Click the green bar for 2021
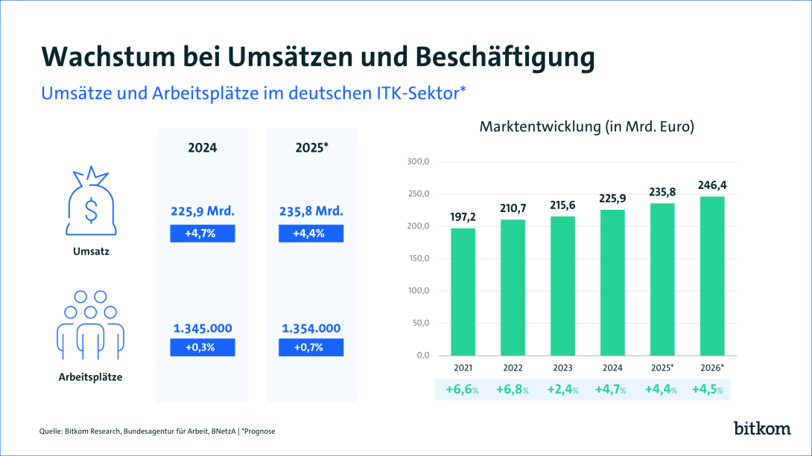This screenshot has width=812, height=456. pos(463,292)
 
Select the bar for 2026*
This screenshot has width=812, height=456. pos(711,275)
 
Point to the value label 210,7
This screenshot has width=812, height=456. pos(513,207)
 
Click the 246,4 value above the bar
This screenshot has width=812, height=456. pos(711,184)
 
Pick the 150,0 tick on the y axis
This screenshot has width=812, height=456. pos(418,259)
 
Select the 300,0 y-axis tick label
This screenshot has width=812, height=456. pos(418,162)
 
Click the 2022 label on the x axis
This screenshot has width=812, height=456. pos(513,367)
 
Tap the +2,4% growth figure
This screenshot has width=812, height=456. pos(563,389)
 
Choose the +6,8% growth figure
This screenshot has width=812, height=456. pos(513,389)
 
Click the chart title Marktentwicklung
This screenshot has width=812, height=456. pos(587,126)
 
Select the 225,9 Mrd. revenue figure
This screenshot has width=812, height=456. pos(203,211)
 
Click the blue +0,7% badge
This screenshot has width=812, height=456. pos(311,347)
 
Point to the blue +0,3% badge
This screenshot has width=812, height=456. pos(203,347)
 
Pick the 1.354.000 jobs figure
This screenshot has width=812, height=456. pos(311,328)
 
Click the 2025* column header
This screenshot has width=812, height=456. pos(311,147)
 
